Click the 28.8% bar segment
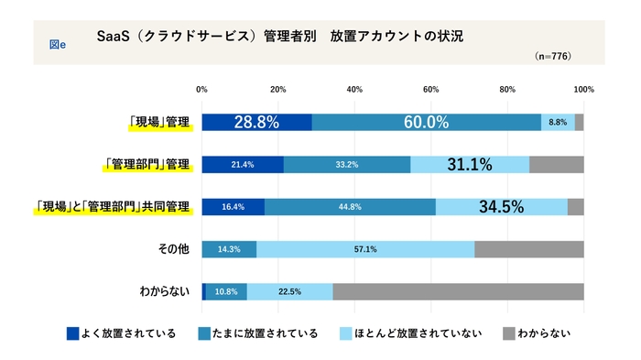(x=256, y=123)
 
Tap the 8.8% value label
(x=558, y=123)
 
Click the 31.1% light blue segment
(x=470, y=165)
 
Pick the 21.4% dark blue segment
(x=243, y=165)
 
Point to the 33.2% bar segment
(x=347, y=165)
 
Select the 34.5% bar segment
(x=501, y=207)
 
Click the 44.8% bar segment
(x=350, y=207)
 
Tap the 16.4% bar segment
(x=233, y=207)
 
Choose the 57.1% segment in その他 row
(x=365, y=249)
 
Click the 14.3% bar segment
(x=229, y=249)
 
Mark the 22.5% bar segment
(x=289, y=291)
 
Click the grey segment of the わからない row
(x=458, y=291)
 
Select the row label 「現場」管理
(x=159, y=123)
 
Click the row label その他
(x=171, y=249)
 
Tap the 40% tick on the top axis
(x=355, y=90)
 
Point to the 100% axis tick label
(x=583, y=90)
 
